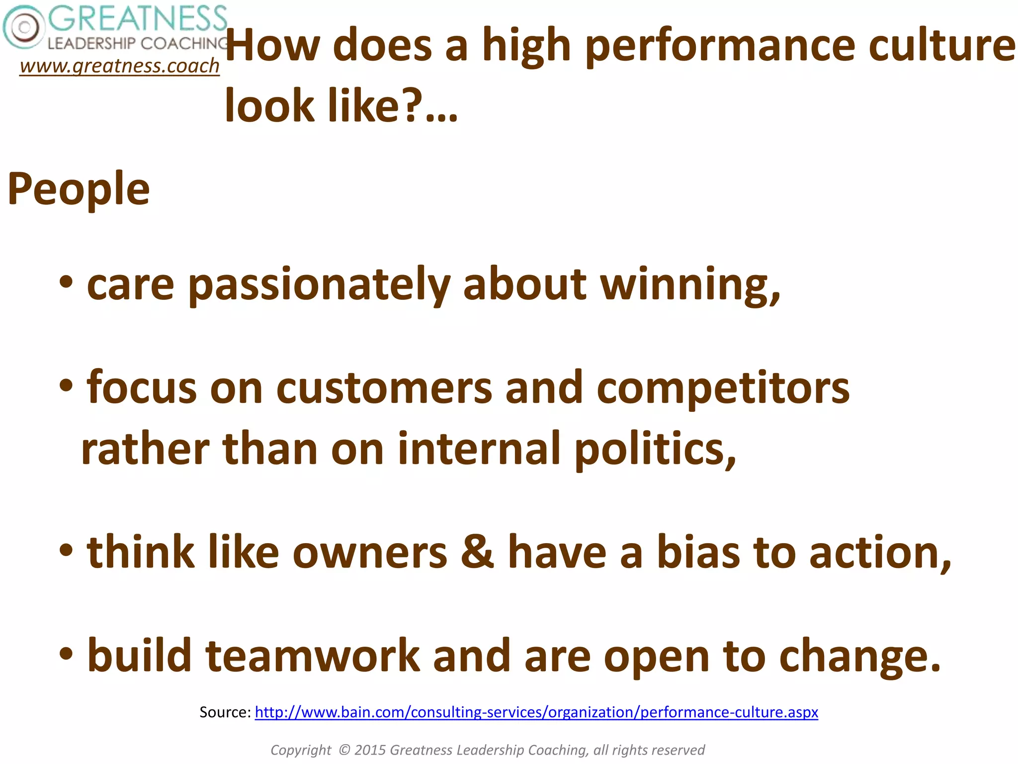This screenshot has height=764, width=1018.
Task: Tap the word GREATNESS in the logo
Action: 138,18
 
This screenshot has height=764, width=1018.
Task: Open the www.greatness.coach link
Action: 119,66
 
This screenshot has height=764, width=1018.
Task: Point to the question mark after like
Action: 412,105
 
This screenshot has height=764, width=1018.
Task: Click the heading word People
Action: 79,189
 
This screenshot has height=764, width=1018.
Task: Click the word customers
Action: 384,388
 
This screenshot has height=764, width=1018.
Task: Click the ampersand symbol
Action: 477,552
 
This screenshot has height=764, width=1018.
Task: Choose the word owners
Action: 370,553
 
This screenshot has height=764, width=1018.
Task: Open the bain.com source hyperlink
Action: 536,712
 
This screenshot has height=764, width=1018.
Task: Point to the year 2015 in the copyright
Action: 370,750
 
